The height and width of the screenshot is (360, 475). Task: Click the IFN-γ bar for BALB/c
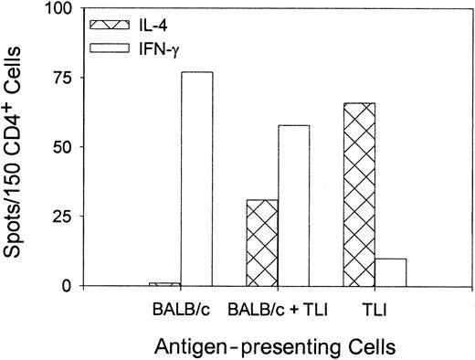pos(196,178)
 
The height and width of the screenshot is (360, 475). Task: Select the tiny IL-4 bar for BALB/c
pos(164,283)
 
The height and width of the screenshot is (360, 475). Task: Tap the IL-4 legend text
pos(164,19)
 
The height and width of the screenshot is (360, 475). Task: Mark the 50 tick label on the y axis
pos(71,147)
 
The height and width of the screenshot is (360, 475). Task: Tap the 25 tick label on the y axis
pos(71,217)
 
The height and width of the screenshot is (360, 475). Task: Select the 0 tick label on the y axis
pos(76,286)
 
